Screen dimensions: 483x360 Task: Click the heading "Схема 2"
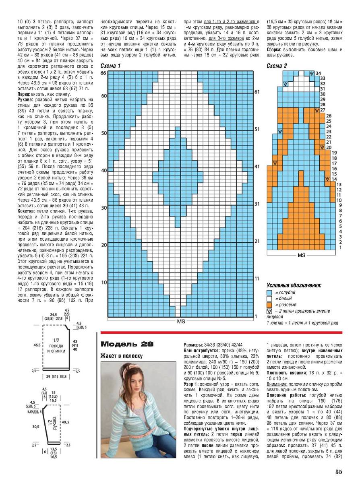(277, 66)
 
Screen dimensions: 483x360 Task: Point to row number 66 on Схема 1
(103, 73)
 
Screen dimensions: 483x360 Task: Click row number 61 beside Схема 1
(257, 92)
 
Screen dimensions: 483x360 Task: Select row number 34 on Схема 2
(318, 73)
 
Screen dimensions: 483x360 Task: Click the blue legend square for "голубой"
(269, 292)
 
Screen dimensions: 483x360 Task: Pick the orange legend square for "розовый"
(269, 305)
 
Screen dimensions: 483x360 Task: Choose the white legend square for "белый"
(269, 299)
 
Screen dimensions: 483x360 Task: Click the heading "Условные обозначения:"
(294, 285)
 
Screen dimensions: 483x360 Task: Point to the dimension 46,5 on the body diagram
(37, 345)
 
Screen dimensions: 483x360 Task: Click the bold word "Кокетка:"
(27, 211)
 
